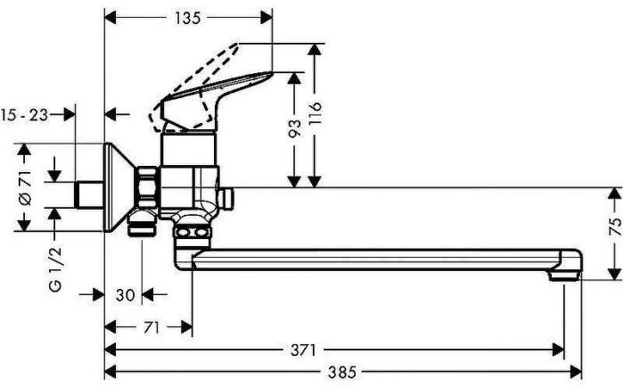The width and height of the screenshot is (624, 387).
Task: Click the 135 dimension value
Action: point(188,18)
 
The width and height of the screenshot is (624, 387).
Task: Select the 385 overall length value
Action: point(342,372)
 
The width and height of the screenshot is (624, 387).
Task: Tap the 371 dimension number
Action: point(303,350)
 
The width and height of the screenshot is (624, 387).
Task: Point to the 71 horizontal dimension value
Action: point(151,327)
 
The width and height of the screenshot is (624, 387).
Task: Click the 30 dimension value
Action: point(126,295)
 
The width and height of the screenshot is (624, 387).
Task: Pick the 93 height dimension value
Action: point(295,128)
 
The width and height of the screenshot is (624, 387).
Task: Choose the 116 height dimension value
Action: point(315,113)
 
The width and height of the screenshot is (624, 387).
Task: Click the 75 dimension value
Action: point(615,227)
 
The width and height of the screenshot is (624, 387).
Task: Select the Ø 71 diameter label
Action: point(25,188)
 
